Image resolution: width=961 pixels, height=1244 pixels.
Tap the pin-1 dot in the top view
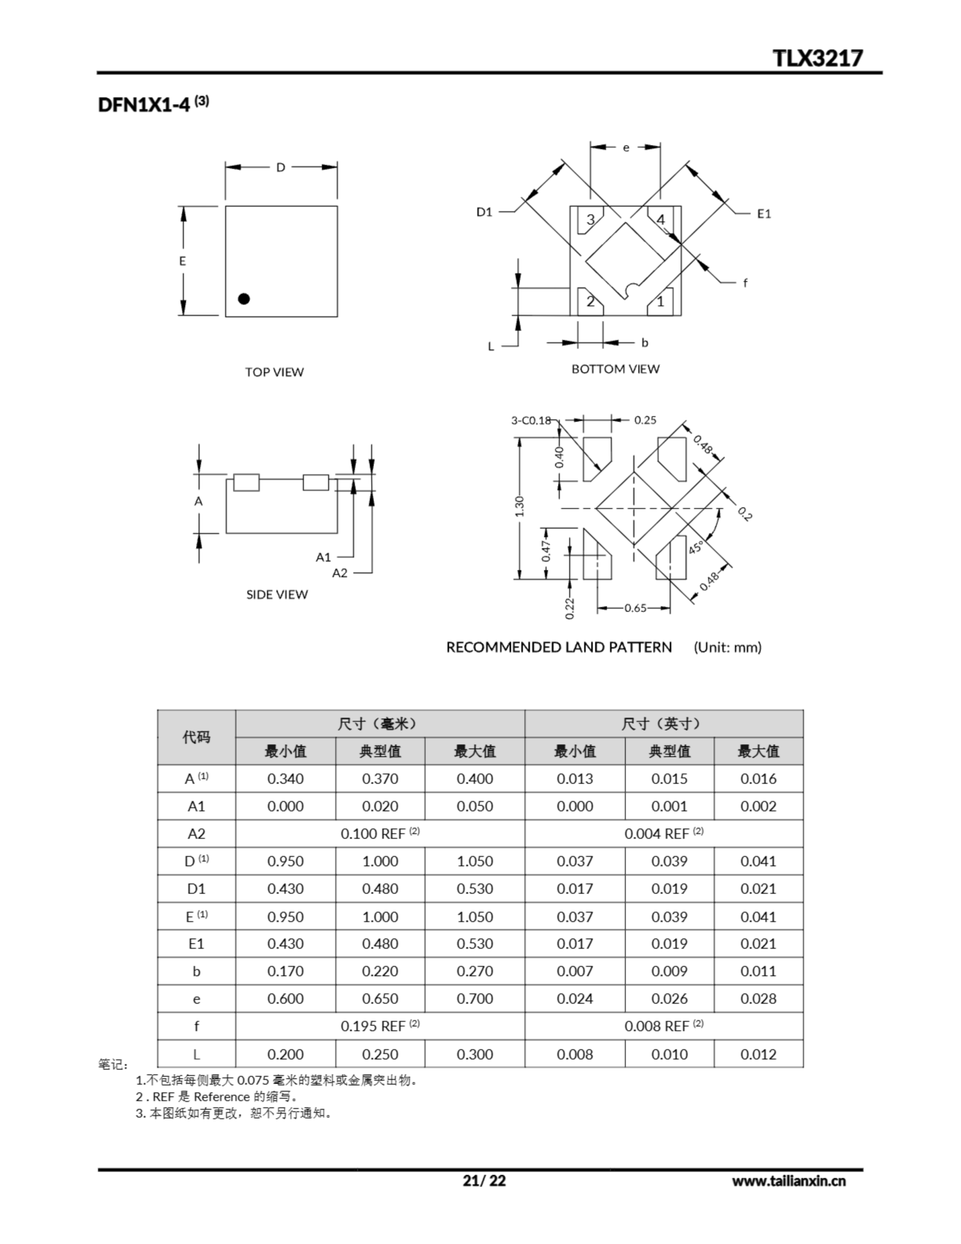[x=244, y=298]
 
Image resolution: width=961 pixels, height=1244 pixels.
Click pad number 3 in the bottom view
[x=591, y=219]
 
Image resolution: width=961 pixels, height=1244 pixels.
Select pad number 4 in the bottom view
[x=661, y=219]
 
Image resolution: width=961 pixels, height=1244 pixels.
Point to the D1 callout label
[x=484, y=212]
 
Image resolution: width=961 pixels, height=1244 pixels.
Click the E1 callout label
[x=764, y=214]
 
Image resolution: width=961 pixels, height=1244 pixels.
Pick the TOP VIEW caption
[x=274, y=372]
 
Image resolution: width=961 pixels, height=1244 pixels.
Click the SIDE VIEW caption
[x=277, y=594]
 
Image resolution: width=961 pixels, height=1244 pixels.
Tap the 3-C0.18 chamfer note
[x=531, y=420]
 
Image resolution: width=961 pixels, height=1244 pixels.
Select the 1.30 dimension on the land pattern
[x=519, y=506]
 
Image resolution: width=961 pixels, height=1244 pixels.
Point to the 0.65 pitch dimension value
[x=635, y=608]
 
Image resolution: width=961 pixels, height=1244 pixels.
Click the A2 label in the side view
[x=340, y=572]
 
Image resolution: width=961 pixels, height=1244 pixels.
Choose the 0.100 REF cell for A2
[x=380, y=833]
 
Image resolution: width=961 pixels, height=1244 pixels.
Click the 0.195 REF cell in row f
[x=380, y=1026]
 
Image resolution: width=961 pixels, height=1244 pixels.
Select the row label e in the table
[x=197, y=999]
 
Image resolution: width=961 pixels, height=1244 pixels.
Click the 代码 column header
[x=197, y=737]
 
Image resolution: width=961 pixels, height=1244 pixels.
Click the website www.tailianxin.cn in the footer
[x=789, y=1181]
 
